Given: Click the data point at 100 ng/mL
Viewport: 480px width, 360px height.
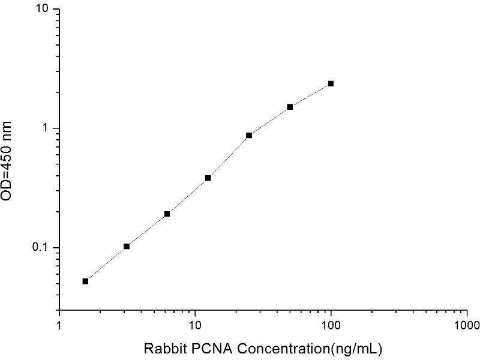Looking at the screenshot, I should coord(331,84).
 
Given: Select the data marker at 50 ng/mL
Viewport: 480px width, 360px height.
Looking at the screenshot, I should coord(290,107).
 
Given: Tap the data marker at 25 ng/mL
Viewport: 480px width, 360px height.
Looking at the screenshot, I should coord(249,135).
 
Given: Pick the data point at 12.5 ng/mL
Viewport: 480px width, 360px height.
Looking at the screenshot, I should coord(208,178).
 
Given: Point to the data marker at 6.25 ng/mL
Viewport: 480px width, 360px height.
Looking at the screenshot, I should coord(167,214).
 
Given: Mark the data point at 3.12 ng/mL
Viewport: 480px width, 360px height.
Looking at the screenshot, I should coord(127,246).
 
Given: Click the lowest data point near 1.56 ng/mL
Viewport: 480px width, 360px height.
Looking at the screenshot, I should coord(85,281).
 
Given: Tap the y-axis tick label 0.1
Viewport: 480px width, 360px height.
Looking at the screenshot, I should coord(42,248).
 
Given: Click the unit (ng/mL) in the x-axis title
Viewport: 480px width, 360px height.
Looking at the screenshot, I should coord(359,348).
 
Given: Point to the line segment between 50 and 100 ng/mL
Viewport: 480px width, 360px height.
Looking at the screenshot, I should coord(310,95).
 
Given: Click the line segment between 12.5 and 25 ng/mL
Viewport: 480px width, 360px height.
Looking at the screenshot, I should coord(229,157).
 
